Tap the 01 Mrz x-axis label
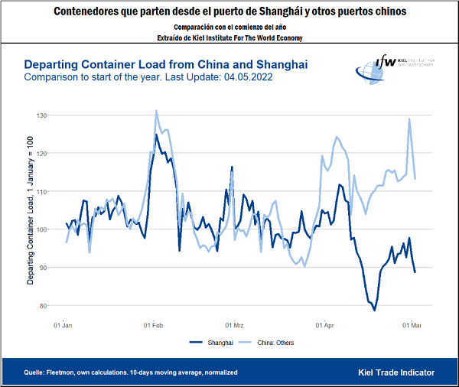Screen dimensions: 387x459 point(234,325)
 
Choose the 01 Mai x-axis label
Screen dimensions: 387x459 point(412,325)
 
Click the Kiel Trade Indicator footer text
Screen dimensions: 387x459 point(396,372)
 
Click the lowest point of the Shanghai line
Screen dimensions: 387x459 point(375,310)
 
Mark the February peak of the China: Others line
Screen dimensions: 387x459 point(156,110)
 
